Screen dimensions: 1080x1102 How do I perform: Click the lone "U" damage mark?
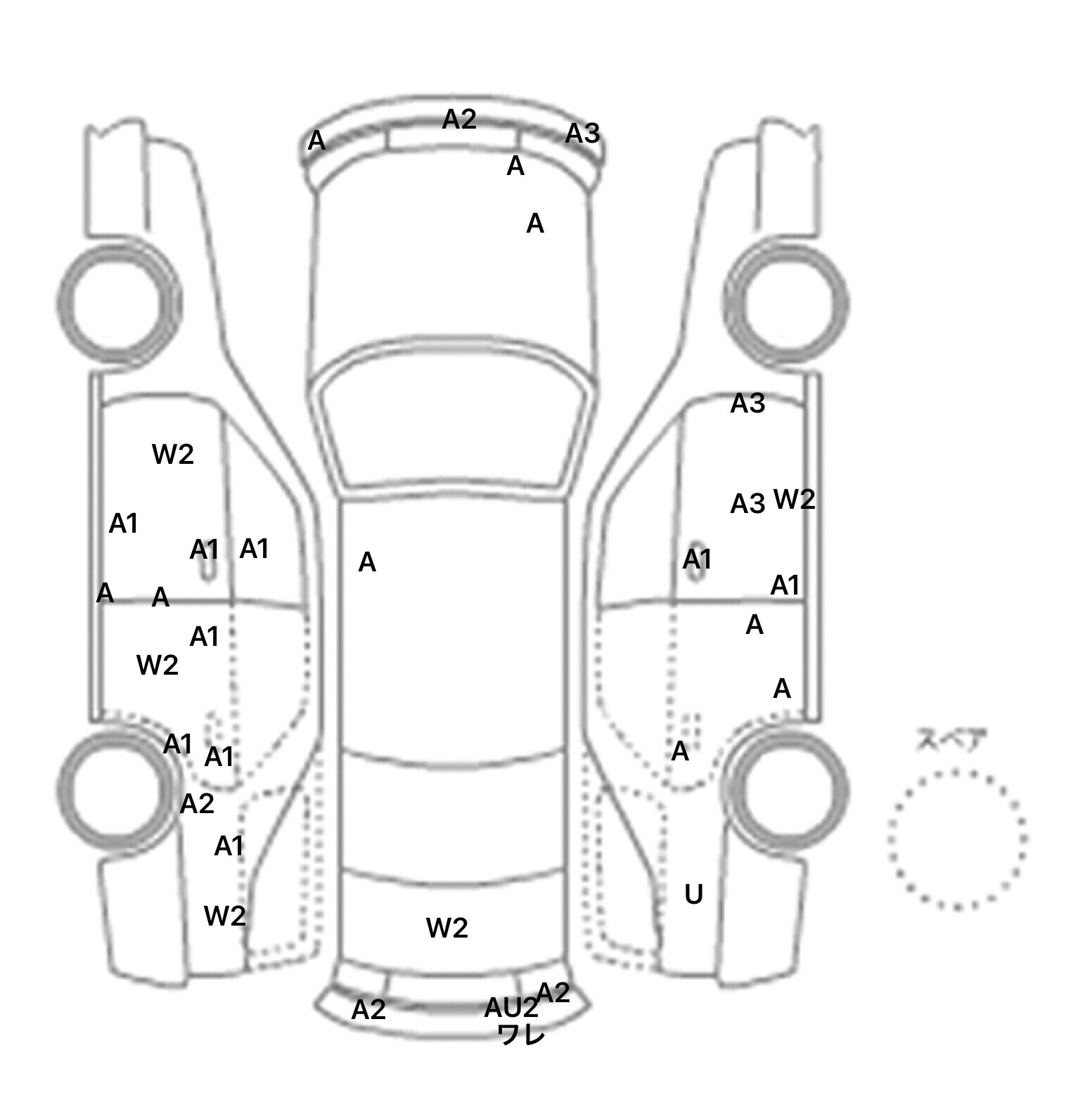[x=693, y=895]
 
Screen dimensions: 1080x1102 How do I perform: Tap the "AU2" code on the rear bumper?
[x=510, y=1009]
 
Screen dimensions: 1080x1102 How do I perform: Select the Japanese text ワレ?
[x=521, y=1035]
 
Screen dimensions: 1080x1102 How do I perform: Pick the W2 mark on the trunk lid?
[x=446, y=928]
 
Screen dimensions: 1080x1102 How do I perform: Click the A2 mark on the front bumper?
[x=459, y=119]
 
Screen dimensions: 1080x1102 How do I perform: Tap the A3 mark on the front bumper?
[x=582, y=133]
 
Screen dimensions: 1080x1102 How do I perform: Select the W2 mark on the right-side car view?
[x=794, y=500]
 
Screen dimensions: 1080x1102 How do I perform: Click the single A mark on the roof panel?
[x=367, y=562]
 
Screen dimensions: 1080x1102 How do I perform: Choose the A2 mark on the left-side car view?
[x=197, y=803]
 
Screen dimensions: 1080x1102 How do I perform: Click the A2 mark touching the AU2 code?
[x=553, y=992]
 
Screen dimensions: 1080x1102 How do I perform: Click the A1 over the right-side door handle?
[x=697, y=559]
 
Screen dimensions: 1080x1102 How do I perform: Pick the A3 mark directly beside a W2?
[x=747, y=503]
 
